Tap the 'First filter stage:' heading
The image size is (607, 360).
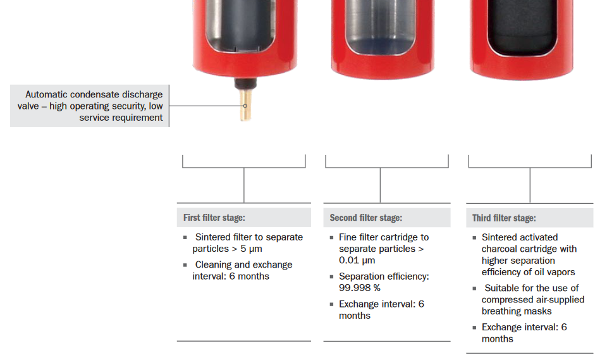pyautogui.click(x=214, y=218)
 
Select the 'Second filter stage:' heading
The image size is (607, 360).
pyautogui.click(x=365, y=218)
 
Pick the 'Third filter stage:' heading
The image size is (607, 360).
pyautogui.click(x=504, y=218)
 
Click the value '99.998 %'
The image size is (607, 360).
pyautogui.click(x=360, y=288)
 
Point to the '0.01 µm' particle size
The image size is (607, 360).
pyautogui.click(x=357, y=260)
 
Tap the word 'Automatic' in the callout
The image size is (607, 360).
pyautogui.click(x=50, y=94)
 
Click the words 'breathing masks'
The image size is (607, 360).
pyautogui.click(x=517, y=311)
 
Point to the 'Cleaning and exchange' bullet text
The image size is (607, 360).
pyautogui.click(x=243, y=264)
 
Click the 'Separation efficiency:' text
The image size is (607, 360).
pyautogui.click(x=384, y=276)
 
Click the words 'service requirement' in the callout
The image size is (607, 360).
pyautogui.click(x=121, y=118)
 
